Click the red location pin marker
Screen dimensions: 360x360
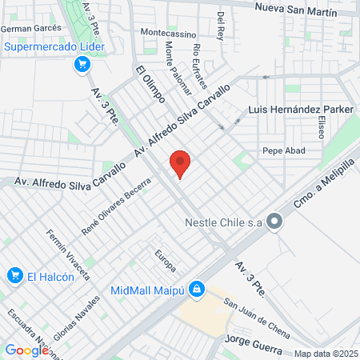point(181,163)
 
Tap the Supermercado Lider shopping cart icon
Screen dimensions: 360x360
point(81,64)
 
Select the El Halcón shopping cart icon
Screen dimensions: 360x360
point(14,276)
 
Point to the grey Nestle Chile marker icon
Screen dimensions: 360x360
point(275,222)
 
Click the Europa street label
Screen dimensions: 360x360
point(165,262)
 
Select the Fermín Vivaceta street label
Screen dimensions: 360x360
point(66,251)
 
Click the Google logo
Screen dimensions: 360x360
point(26,350)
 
